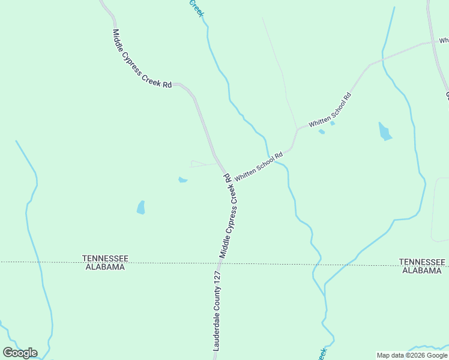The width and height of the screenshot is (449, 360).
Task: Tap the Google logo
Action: point(20,353)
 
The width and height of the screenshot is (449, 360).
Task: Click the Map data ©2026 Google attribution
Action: point(412,355)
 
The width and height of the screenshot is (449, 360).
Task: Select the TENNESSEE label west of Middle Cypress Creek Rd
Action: point(105,258)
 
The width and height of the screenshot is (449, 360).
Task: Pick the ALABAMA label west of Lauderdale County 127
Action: point(105,267)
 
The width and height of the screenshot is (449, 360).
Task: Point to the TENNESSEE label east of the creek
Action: point(423,262)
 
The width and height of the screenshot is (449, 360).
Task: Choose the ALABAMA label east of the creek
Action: point(423,271)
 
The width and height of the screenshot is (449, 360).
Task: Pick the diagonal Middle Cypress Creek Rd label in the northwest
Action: point(142,59)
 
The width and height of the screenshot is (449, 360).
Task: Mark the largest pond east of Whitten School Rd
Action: point(384,131)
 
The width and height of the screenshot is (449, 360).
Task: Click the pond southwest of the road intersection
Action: point(141,208)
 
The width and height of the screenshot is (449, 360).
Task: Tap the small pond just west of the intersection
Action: point(182,179)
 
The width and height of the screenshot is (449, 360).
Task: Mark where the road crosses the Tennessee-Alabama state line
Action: point(220,262)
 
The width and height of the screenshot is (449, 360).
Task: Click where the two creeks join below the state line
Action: point(325,289)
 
